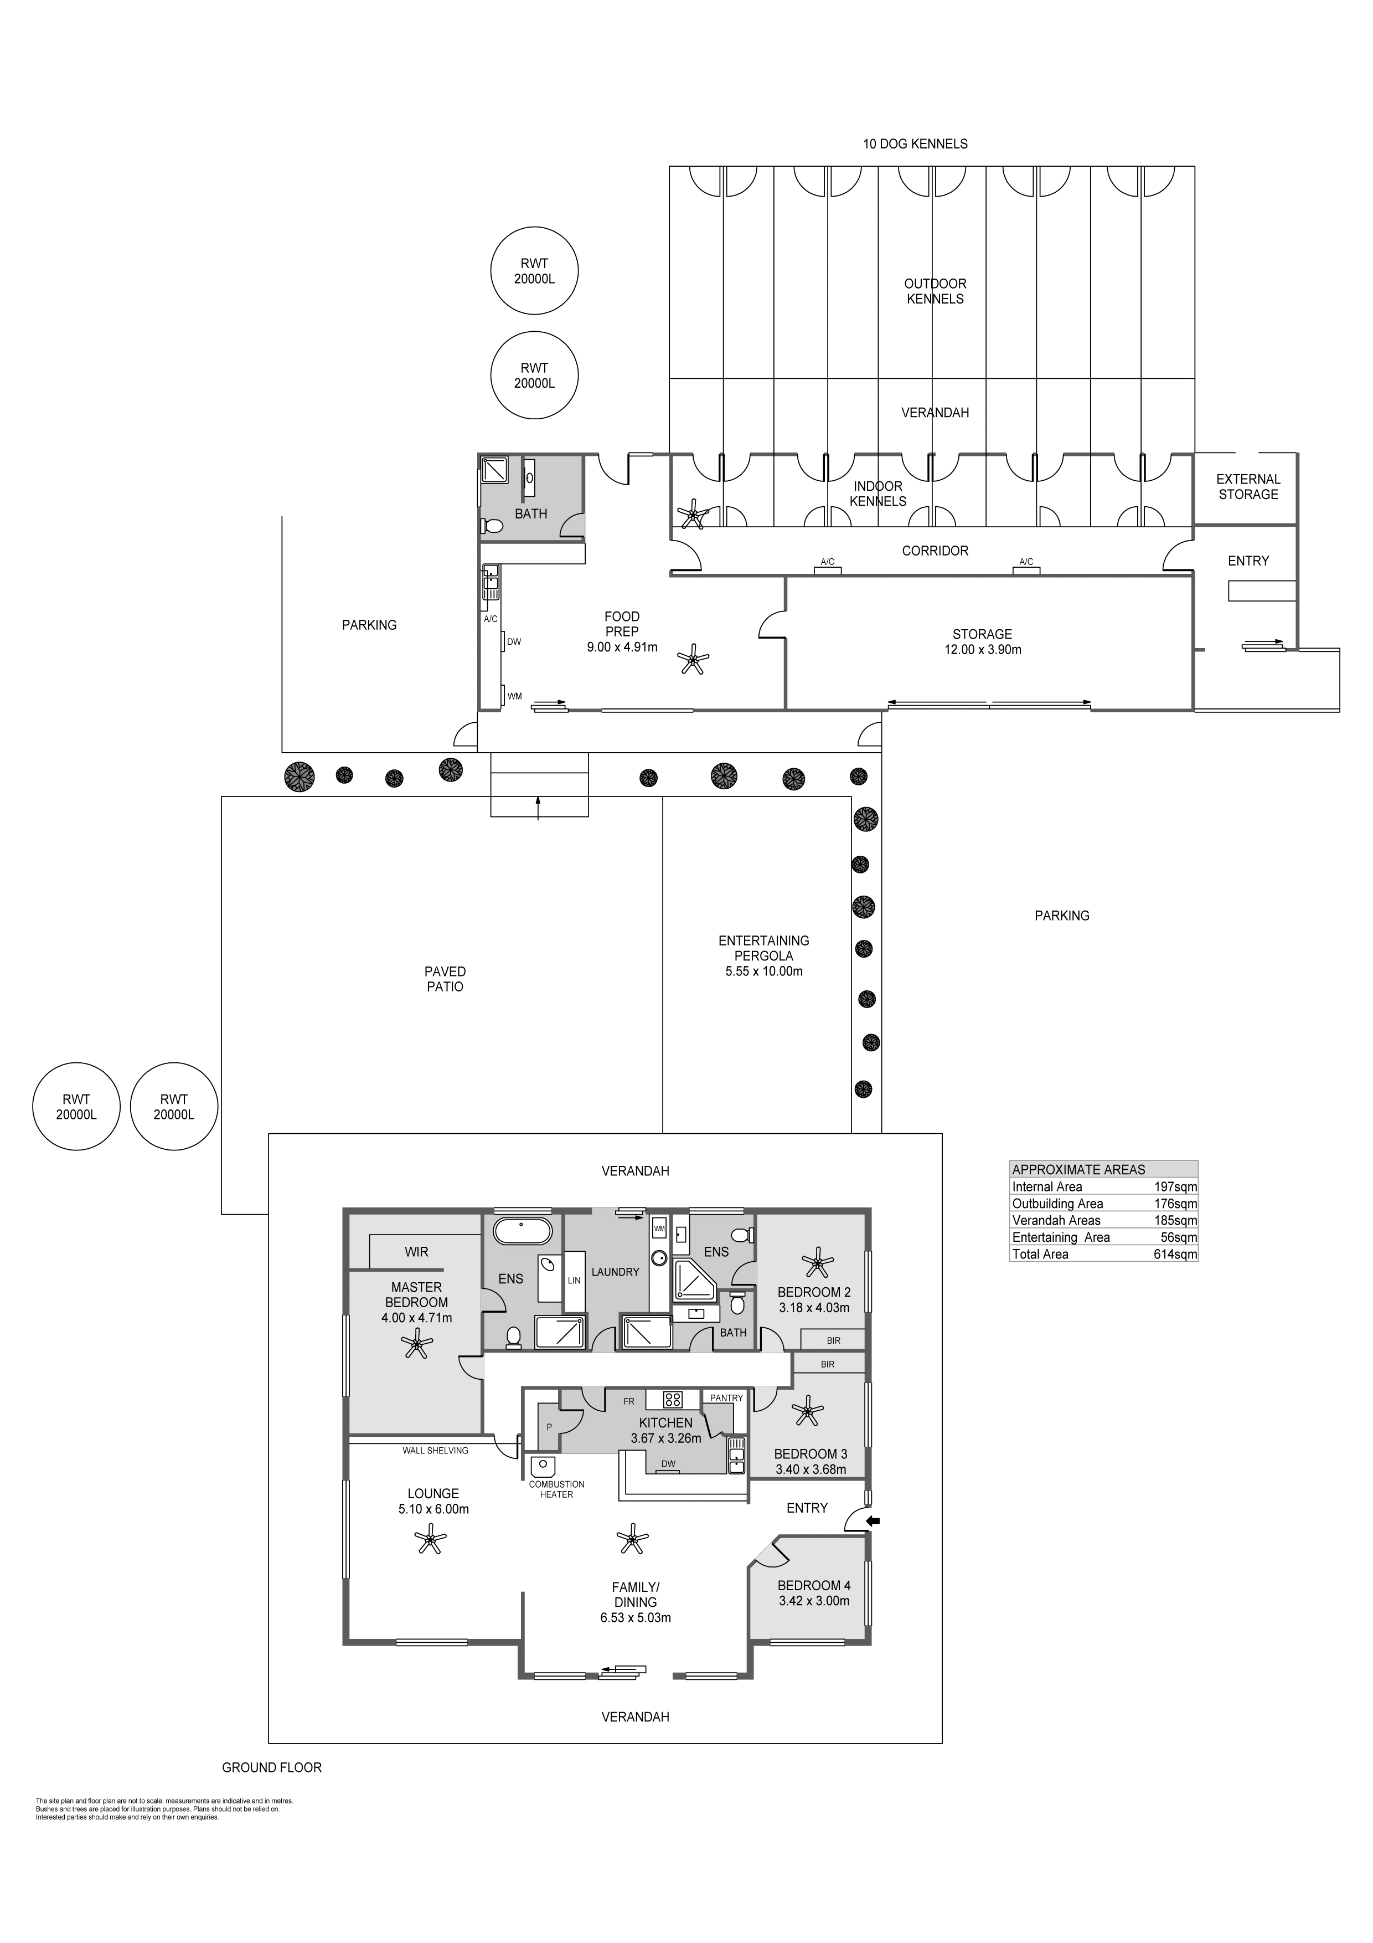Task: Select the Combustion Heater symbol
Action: [541, 1467]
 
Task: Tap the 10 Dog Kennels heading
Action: [915, 144]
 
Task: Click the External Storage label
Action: [1248, 487]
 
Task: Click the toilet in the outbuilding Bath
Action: [492, 526]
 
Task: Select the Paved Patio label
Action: [445, 979]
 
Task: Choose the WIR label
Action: [416, 1252]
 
